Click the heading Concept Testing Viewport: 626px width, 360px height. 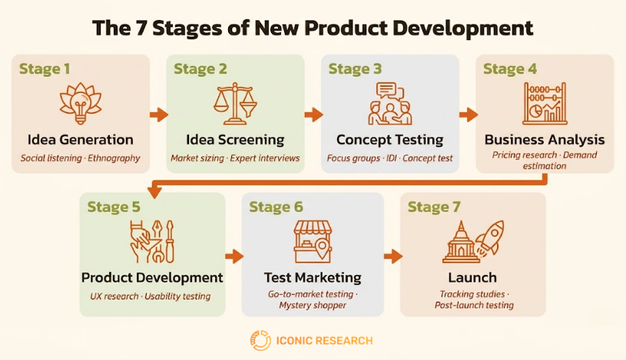(x=389, y=140)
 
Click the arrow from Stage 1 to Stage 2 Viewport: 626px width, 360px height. (x=158, y=115)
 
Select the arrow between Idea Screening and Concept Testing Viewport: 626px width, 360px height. (x=313, y=115)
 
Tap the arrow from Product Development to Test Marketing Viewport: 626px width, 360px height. (x=234, y=256)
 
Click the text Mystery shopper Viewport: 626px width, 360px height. (x=313, y=306)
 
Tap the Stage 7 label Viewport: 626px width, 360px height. (x=433, y=207)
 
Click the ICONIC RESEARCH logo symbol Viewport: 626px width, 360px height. (x=260, y=340)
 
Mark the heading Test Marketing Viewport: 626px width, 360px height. (x=313, y=277)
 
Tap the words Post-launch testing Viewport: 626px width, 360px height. (x=472, y=306)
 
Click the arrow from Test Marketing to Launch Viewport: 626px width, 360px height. (x=392, y=256)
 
